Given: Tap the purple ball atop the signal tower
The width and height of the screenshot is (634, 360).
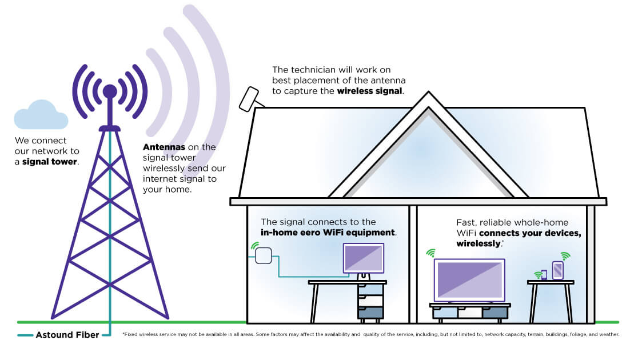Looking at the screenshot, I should click(x=110, y=91).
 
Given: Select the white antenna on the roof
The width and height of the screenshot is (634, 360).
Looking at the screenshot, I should click(x=249, y=99).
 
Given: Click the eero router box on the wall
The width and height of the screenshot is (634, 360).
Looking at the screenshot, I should click(x=263, y=255).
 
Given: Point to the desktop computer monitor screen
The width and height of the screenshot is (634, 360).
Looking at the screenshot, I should click(x=363, y=258).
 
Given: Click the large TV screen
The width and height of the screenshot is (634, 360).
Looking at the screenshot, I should click(x=469, y=280).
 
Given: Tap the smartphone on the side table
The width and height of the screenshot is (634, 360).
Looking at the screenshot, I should click(x=544, y=275).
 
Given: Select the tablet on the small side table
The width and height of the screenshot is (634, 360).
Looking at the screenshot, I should click(x=558, y=270).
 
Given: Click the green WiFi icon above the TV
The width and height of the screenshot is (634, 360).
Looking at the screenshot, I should click(x=430, y=252).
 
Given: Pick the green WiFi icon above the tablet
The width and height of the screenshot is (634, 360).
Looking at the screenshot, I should click(x=565, y=255).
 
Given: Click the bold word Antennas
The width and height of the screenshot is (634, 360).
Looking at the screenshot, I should click(x=163, y=147).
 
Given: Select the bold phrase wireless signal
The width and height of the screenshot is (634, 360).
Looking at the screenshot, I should click(x=370, y=90).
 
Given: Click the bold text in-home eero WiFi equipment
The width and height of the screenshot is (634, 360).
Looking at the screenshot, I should click(x=328, y=233).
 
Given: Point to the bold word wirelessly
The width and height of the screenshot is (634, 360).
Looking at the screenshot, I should click(x=479, y=243).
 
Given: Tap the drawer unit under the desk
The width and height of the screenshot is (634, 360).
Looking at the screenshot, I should click(x=370, y=301).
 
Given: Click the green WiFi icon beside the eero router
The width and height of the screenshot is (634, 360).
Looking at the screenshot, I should click(x=253, y=246).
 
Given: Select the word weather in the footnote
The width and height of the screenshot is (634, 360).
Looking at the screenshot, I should click(x=609, y=334).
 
